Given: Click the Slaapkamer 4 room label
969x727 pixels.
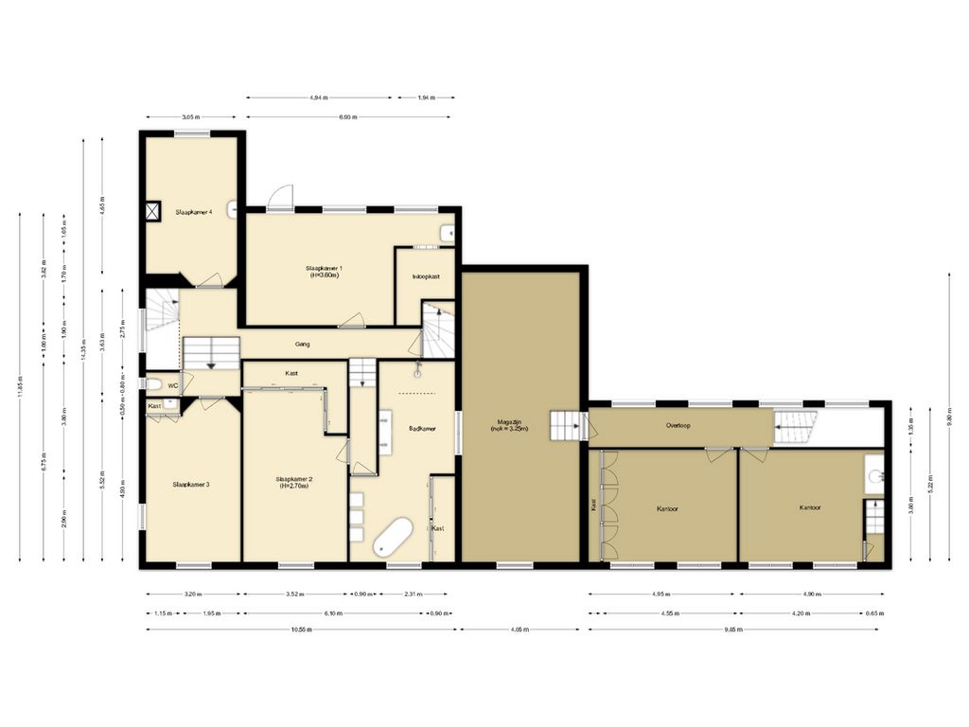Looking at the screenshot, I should pyautogui.click(x=192, y=212).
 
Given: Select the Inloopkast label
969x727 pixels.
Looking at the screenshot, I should pyautogui.click(x=426, y=276).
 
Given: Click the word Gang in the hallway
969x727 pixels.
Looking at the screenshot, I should pyautogui.click(x=303, y=345).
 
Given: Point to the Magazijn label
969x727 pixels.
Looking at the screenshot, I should pyautogui.click(x=509, y=425).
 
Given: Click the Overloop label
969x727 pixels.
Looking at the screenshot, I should pyautogui.click(x=677, y=426).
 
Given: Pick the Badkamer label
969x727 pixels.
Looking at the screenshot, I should pyautogui.click(x=422, y=429).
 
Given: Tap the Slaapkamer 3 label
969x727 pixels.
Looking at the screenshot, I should pyautogui.click(x=191, y=484).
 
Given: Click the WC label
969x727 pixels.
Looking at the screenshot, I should pyautogui.click(x=173, y=386).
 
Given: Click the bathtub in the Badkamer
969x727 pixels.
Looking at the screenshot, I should pyautogui.click(x=391, y=538).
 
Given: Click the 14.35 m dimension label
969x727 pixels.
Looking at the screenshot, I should pyautogui.click(x=84, y=348).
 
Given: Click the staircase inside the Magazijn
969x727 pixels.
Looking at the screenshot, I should pyautogui.click(x=568, y=426).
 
